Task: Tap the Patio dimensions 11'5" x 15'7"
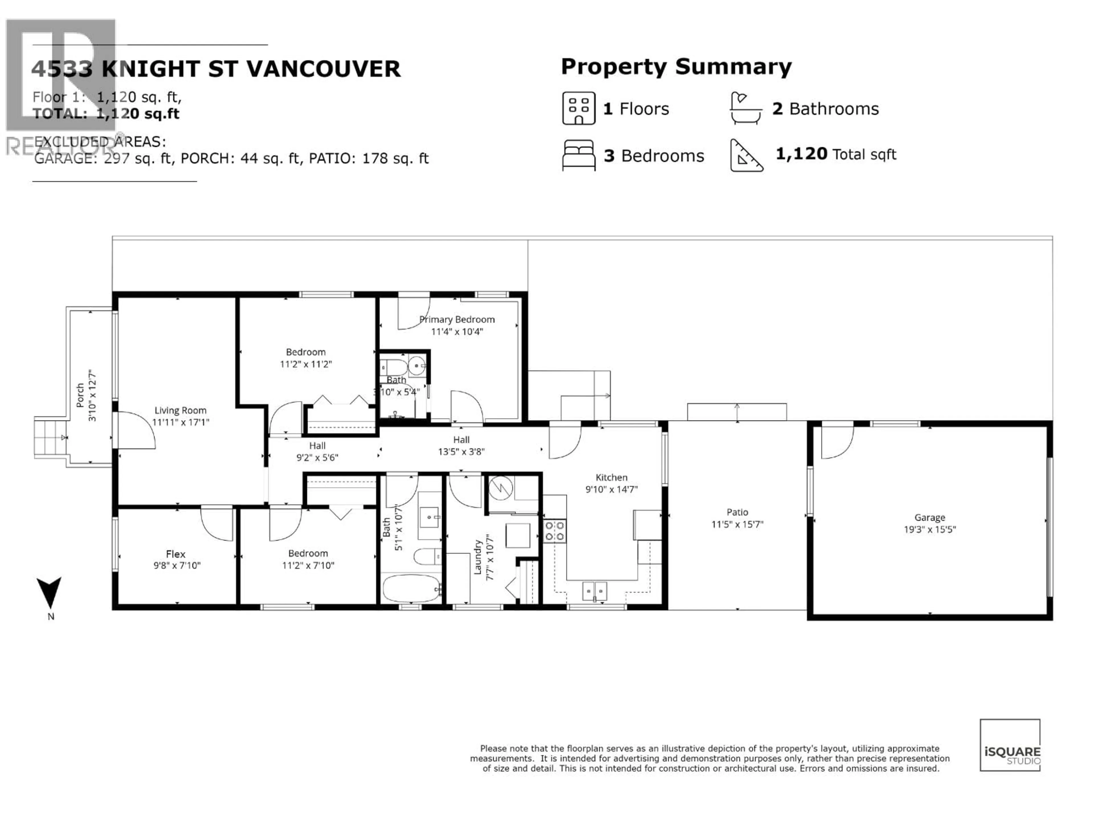tap(737, 524)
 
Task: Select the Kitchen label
tap(611, 477)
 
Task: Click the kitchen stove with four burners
tap(554, 531)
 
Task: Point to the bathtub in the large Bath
tap(411, 588)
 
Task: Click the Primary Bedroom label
tap(457, 320)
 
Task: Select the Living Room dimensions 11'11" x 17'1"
tap(181, 423)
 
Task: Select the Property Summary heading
tap(676, 67)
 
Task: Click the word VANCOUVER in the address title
tap(323, 69)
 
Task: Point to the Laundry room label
tap(478, 557)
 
